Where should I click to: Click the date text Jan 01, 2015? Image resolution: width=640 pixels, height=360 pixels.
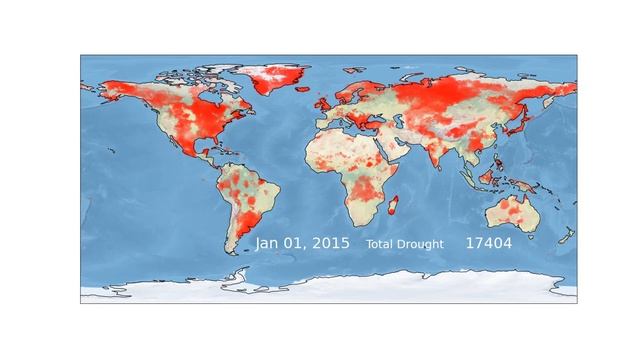pos(301,243)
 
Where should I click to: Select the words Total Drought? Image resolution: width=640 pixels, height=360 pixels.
pos(404,244)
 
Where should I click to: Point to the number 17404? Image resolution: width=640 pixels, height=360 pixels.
pos(488,243)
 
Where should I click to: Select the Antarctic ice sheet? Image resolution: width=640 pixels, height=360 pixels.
pos(330,292)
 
